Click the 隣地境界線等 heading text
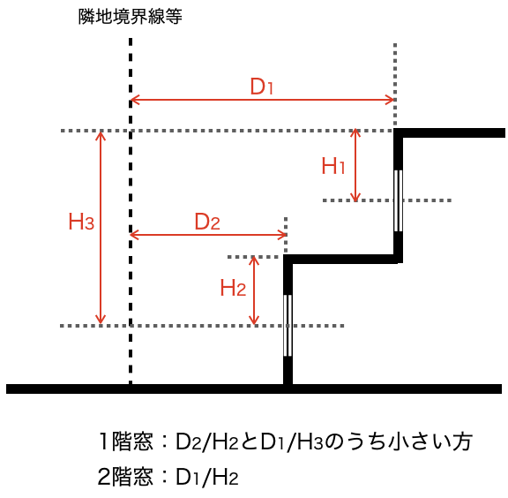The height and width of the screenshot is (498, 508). coord(131,16)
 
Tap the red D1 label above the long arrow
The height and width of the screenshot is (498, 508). coord(261,87)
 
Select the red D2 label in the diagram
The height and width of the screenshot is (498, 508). coord(207,222)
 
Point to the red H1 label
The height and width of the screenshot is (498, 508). coord(333,166)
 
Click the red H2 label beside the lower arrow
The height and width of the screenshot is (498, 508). coord(233,288)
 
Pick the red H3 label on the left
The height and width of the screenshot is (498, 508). coord(81,222)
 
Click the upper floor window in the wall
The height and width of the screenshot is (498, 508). coord(398,200)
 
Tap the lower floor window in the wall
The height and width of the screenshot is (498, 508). coord(288,326)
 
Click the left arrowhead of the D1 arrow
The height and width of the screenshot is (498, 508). coord(134,100)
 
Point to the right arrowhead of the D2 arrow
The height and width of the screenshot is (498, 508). coord(282,235)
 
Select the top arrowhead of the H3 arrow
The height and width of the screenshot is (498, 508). coord(101,135)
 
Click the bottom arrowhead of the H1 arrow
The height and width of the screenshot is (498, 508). coord(355,197)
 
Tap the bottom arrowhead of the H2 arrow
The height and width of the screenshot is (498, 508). coord(254,321)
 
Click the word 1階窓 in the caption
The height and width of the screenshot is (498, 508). coord(125,441)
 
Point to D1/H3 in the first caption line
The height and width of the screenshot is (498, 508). coord(292,441)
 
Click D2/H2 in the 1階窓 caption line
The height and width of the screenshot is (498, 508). coord(207,441)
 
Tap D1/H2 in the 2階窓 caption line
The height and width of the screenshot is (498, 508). coord(207,477)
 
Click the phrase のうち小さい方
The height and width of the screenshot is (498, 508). coord(398,441)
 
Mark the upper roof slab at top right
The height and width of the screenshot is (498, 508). coord(450,132)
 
